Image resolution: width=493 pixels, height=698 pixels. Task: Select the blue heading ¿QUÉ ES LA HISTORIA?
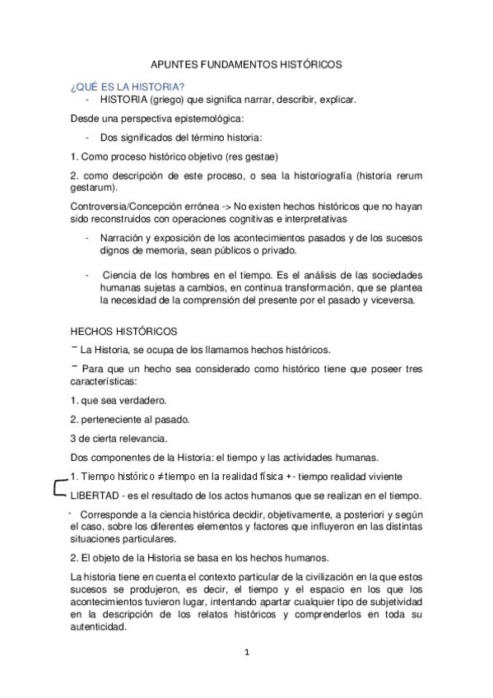click(x=127, y=87)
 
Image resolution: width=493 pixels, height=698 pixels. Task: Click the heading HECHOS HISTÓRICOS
click(x=124, y=332)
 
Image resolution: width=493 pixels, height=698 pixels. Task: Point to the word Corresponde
click(x=112, y=514)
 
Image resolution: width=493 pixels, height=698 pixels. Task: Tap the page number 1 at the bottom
click(x=246, y=654)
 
